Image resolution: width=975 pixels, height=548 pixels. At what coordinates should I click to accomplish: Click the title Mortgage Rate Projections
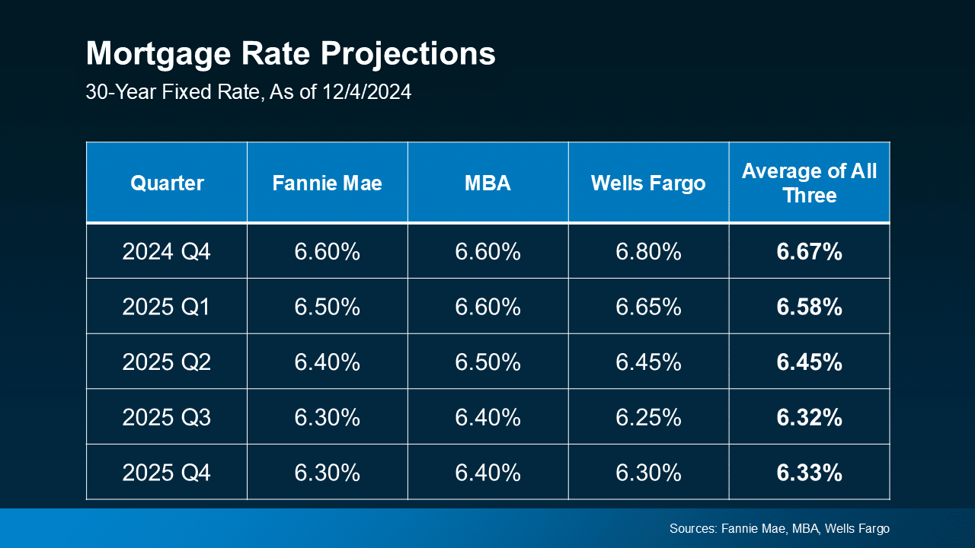click(290, 55)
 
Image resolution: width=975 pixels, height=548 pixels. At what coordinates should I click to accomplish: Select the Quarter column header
click(167, 183)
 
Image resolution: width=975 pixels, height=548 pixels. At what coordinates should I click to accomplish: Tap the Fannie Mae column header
click(327, 183)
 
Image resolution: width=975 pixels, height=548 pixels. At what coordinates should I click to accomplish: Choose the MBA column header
click(487, 183)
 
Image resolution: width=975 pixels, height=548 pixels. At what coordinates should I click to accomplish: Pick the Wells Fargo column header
click(648, 183)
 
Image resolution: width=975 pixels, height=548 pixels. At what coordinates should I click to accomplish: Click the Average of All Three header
click(809, 183)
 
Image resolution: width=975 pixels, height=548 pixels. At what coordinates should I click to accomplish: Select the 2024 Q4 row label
click(166, 252)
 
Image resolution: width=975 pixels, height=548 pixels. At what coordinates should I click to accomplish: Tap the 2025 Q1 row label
click(166, 307)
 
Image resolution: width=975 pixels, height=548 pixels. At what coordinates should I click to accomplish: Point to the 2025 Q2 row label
click(166, 362)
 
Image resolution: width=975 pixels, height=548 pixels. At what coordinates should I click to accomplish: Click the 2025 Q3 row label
click(166, 418)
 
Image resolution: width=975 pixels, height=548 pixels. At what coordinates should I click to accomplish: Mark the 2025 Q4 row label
click(166, 473)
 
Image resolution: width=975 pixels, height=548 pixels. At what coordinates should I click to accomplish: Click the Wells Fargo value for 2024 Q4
click(648, 252)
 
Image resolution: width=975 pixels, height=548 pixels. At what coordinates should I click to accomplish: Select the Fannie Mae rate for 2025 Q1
click(327, 307)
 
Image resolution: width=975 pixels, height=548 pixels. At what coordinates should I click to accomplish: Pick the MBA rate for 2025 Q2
click(487, 362)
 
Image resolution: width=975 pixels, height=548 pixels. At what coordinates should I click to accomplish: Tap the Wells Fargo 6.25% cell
click(648, 418)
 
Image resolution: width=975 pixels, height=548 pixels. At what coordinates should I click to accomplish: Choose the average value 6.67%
click(809, 252)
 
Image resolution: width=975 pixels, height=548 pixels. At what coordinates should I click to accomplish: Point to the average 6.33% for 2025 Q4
click(809, 473)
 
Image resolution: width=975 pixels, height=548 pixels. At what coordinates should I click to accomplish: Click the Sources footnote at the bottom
click(779, 528)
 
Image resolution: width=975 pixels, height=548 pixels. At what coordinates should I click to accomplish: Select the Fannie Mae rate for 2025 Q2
click(327, 362)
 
